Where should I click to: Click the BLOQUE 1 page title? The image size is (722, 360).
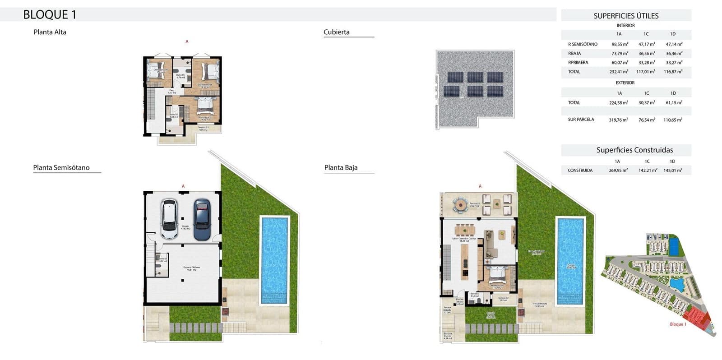pyautogui.click(x=50, y=14)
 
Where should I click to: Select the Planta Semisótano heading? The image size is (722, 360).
pyautogui.click(x=61, y=167)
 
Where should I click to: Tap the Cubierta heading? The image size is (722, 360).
pyautogui.click(x=336, y=32)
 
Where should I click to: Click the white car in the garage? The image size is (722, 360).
pyautogui.click(x=169, y=219)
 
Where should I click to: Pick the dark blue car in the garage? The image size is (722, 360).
pyautogui.click(x=202, y=220)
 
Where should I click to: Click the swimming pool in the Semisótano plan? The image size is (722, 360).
pyautogui.click(x=274, y=259)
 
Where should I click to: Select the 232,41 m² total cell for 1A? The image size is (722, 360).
pyautogui.click(x=619, y=72)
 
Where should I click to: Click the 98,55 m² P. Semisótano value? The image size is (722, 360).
pyautogui.click(x=620, y=44)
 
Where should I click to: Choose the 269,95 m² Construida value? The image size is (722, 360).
pyautogui.click(x=618, y=171)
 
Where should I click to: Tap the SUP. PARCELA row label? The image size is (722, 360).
pyautogui.click(x=581, y=120)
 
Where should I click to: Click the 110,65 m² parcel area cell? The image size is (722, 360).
pyautogui.click(x=673, y=120)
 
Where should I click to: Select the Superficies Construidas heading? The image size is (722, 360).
pyautogui.click(x=634, y=150)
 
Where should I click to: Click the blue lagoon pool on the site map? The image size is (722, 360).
pyautogui.click(x=676, y=284)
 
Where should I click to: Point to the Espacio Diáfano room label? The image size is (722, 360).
pyautogui.click(x=191, y=268)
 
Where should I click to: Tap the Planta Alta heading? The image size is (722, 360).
pyautogui.click(x=50, y=32)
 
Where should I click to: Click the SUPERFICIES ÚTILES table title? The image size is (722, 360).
pyautogui.click(x=626, y=16)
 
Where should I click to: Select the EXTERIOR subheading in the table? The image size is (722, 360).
pyautogui.click(x=625, y=83)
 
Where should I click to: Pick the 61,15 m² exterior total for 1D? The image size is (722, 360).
pyautogui.click(x=673, y=103)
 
